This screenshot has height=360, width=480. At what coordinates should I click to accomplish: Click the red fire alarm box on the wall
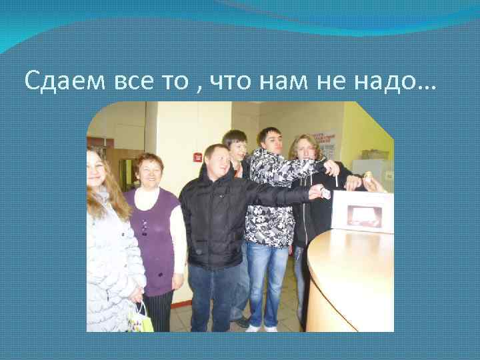click(197, 157)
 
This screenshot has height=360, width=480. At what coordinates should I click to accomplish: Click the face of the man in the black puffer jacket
click(216, 161)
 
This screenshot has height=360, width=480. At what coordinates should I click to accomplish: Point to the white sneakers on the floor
click(261, 328)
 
